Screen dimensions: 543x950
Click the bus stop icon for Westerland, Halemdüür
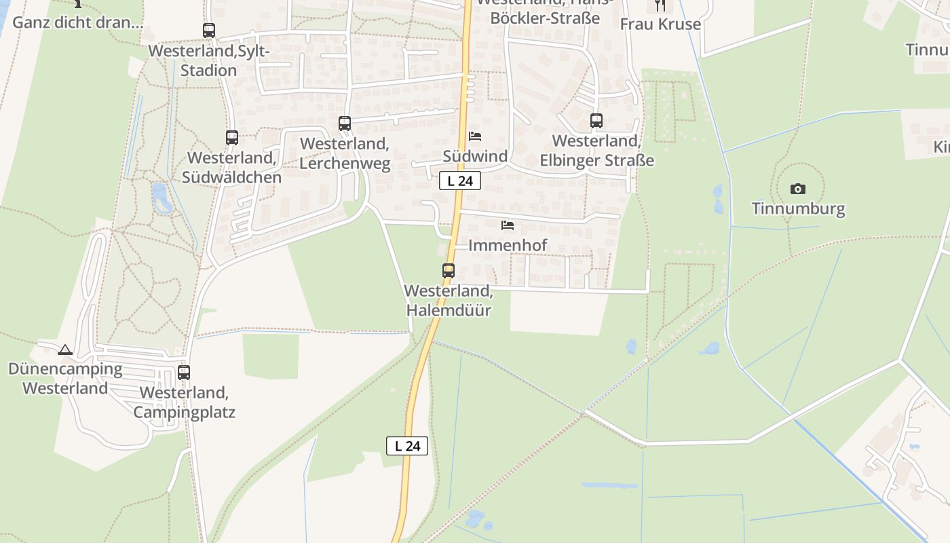point(448,270)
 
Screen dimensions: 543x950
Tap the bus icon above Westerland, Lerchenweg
point(345,124)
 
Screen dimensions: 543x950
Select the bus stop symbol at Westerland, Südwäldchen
point(232,138)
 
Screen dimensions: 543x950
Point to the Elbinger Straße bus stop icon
point(596,121)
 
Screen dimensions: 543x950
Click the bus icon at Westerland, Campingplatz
point(184,373)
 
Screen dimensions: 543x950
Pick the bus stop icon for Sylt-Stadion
point(209,31)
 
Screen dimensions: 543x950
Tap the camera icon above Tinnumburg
point(798,189)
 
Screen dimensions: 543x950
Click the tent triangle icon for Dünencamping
point(65,350)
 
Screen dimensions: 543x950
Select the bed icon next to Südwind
point(475,136)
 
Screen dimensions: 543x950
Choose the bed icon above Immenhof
point(508,225)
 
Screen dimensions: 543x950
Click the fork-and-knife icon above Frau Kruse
point(660,5)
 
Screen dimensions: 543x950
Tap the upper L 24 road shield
point(460,181)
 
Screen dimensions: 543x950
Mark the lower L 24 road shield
point(407,446)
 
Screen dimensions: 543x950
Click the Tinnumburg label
point(798,208)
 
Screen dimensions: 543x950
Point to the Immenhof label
point(508,245)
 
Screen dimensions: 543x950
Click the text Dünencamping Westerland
point(65,379)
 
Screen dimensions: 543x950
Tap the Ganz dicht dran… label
point(78,22)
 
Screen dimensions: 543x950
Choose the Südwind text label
point(475,156)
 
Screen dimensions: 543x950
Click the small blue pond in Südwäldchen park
point(162,198)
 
